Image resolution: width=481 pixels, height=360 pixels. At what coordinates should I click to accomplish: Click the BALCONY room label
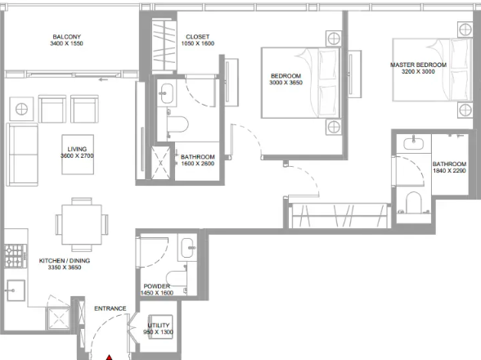(x=66, y=37)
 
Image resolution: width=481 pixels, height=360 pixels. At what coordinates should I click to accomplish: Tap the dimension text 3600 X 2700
(x=77, y=156)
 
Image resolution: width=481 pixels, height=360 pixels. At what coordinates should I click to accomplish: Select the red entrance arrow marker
(x=110, y=358)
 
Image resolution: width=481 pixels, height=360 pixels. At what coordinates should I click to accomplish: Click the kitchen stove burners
(x=16, y=255)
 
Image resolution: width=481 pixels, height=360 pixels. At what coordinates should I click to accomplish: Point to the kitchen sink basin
(x=16, y=290)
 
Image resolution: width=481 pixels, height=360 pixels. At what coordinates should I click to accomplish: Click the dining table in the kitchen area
(x=82, y=225)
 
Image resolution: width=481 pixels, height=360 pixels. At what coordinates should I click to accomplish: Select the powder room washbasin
(x=188, y=247)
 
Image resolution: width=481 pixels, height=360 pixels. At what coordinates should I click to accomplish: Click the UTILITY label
(x=159, y=326)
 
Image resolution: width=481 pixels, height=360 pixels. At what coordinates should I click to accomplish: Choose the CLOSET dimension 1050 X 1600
(x=198, y=43)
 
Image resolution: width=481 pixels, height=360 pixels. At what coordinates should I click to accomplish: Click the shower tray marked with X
(x=160, y=163)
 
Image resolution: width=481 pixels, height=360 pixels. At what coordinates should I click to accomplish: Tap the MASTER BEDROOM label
(x=418, y=65)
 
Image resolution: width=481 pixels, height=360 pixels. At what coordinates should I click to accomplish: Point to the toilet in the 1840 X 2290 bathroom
(x=414, y=202)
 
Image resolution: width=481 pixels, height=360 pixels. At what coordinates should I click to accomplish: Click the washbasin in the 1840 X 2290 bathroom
(x=414, y=144)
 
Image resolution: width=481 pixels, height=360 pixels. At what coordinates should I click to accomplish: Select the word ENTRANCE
(x=110, y=308)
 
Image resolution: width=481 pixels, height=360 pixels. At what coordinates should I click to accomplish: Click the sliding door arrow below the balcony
(x=103, y=80)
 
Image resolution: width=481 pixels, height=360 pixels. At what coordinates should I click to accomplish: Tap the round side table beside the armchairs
(x=21, y=109)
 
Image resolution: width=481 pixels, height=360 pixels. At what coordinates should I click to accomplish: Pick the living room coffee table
(x=78, y=155)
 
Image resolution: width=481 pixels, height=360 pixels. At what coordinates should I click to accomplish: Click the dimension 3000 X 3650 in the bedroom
(x=286, y=83)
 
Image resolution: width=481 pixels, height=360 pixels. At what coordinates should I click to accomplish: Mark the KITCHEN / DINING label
(x=65, y=260)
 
